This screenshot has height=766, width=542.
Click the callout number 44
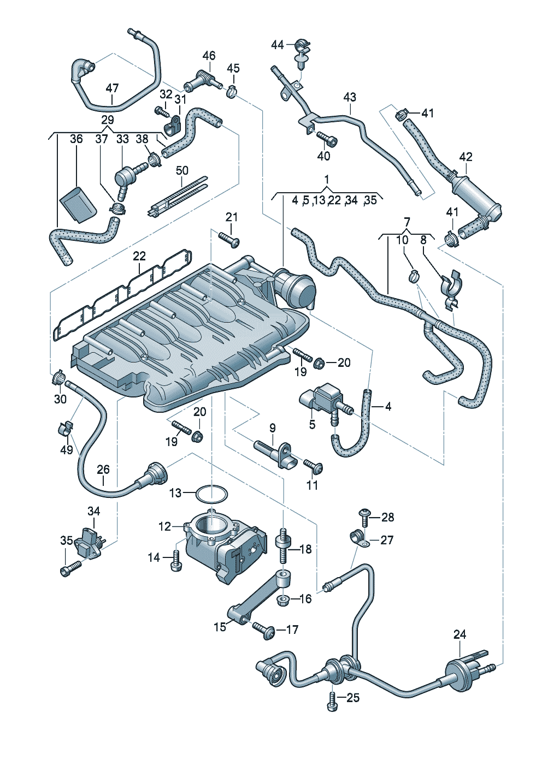278,45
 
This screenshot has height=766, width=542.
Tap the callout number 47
112,88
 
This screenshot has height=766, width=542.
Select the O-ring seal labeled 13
211,494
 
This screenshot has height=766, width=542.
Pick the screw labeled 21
229,239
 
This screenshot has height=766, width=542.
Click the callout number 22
139,256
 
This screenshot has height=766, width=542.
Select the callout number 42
466,157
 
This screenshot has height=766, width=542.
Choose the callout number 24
460,634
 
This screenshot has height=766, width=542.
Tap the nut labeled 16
284,600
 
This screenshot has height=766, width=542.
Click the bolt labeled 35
69,569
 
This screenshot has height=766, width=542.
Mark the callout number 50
182,170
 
